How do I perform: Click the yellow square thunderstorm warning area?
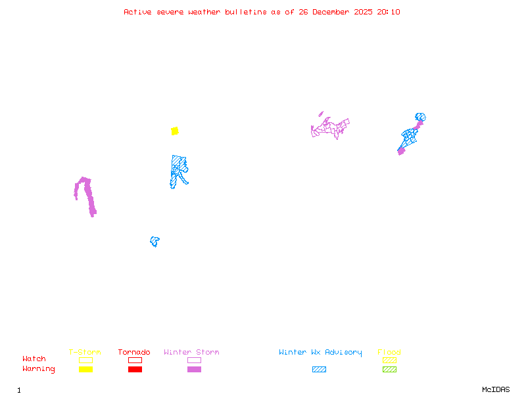(175, 131)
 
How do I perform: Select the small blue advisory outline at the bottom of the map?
(155, 242)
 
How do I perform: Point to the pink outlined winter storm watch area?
(331, 127)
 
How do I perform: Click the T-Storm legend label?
(85, 353)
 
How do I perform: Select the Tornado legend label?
(134, 353)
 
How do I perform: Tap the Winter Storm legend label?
(191, 353)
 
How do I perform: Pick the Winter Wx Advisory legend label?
(320, 353)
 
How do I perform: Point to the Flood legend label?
(389, 353)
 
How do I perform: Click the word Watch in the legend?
(34, 359)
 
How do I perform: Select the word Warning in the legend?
(38, 369)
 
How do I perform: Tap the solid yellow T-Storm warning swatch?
(85, 369)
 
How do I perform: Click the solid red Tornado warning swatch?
(135, 369)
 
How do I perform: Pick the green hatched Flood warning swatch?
(389, 369)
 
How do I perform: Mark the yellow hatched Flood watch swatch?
(389, 360)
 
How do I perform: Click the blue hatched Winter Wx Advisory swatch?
(319, 369)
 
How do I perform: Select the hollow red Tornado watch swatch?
(135, 360)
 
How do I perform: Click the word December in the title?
(320, 12)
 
